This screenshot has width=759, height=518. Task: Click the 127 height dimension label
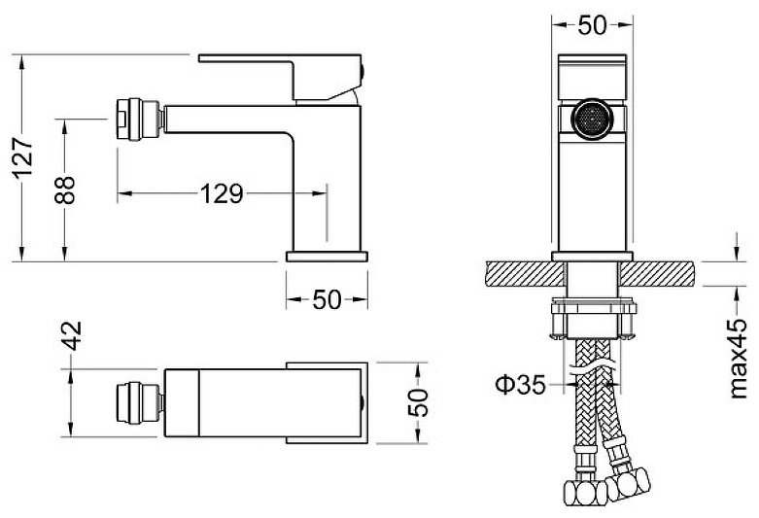[22, 157]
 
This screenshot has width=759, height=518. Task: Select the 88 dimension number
[65, 190]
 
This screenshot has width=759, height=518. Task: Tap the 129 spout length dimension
[222, 193]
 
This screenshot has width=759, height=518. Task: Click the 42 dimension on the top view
[72, 335]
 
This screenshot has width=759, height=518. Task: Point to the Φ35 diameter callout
[520, 385]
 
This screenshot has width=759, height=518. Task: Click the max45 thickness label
[739, 359]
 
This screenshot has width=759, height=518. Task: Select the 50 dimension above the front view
[592, 24]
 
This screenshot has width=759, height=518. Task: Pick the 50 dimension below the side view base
[327, 299]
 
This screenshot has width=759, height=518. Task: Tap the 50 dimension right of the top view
[418, 402]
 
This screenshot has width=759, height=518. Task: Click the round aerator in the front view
[592, 120]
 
